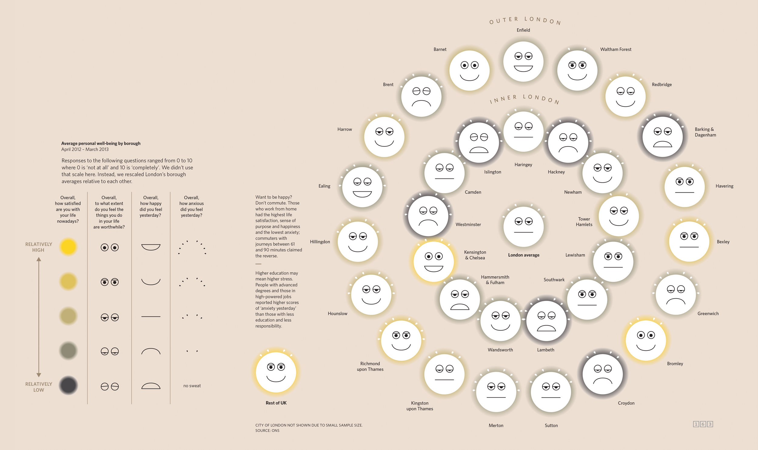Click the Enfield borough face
tap(523, 62)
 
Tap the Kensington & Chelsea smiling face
tap(434, 262)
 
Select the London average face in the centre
tap(523, 227)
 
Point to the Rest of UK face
tap(276, 372)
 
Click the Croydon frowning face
tap(603, 374)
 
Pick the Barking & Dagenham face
tap(662, 137)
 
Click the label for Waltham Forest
tap(615, 49)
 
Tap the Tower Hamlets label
tap(584, 222)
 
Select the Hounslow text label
tap(337, 313)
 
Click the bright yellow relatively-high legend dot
tap(68, 247)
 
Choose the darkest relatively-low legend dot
tap(68, 385)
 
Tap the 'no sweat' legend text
tap(192, 386)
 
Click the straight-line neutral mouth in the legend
tap(151, 316)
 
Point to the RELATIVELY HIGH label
tap(39, 247)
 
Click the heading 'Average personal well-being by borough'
tap(101, 143)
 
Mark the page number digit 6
tap(703, 424)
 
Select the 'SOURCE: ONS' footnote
tap(267, 431)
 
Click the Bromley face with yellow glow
tap(646, 340)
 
